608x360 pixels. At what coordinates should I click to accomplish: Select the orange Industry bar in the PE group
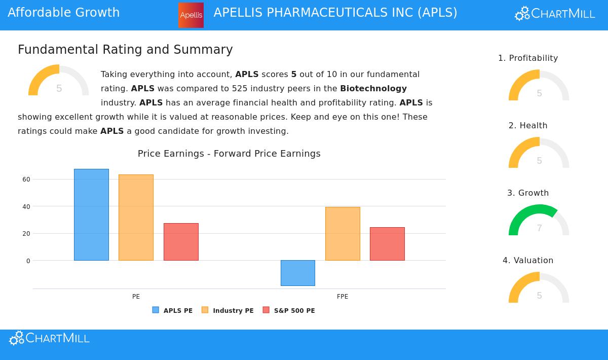pos(136,218)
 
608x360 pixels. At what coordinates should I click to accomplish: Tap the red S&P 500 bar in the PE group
pos(181,242)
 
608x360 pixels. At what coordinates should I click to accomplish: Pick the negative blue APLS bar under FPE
pos(298,273)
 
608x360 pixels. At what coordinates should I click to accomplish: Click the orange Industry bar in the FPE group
pos(343,234)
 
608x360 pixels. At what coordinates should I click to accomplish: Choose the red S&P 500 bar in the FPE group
pos(387,244)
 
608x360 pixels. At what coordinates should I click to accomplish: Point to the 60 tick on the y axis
pos(26,179)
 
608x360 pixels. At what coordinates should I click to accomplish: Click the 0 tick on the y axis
pos(28,261)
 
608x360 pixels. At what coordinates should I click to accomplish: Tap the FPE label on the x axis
pos(343,297)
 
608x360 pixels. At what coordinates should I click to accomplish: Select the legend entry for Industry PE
pos(227,310)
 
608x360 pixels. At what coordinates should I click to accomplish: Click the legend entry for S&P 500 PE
pos(289,310)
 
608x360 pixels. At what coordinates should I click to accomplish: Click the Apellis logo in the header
pos(191,15)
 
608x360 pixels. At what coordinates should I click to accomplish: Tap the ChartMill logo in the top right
pos(555,14)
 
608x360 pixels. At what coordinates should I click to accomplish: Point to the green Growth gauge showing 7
pos(539,221)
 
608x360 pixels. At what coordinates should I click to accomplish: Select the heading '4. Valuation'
pos(528,261)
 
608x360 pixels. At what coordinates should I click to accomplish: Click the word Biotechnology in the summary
pos(373,88)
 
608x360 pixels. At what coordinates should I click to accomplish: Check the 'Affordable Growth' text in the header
pos(64,13)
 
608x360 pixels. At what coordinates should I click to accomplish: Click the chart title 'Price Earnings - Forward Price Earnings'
pos(229,154)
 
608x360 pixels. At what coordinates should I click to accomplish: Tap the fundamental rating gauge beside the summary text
pos(58,81)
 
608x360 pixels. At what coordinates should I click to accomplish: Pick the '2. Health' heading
pos(528,126)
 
